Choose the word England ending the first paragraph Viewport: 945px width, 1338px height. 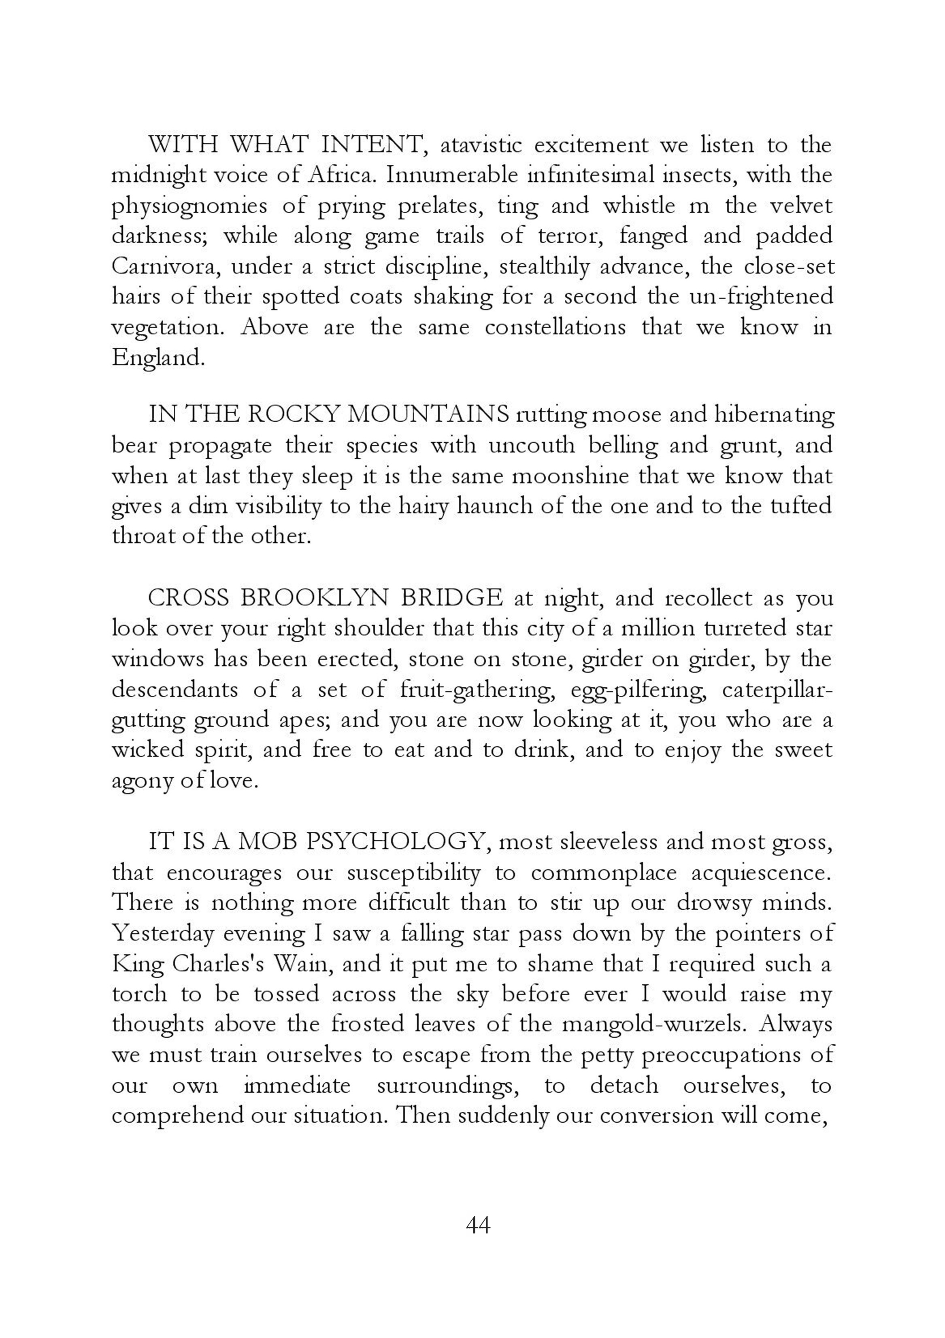coord(157,358)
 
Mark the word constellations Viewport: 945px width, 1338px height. coord(555,327)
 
